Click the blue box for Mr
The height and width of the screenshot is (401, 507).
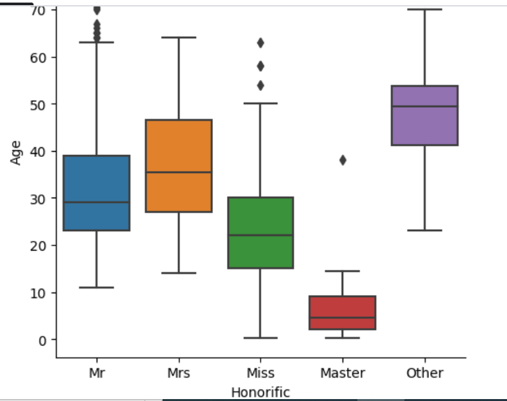(x=96, y=192)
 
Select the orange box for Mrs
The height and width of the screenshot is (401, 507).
(x=179, y=165)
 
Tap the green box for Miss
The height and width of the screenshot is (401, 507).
(x=261, y=232)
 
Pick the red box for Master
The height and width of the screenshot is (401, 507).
(x=343, y=313)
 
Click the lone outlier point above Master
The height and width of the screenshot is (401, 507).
(x=343, y=160)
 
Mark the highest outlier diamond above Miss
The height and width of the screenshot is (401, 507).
(x=261, y=43)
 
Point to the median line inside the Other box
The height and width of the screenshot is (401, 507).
(x=425, y=106)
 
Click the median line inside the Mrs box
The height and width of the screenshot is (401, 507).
(x=179, y=172)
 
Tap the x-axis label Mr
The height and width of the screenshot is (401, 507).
(x=96, y=373)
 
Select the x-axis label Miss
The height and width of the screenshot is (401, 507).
(x=261, y=373)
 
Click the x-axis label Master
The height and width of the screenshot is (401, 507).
(x=343, y=373)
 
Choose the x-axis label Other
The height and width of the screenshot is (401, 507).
(x=425, y=373)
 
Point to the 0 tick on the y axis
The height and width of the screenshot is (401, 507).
(x=43, y=340)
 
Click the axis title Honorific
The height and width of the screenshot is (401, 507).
(x=261, y=392)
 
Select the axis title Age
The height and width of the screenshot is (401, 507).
(x=17, y=152)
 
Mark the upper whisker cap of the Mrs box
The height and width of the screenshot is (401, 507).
(x=179, y=37)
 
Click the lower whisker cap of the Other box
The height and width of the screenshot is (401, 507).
(x=425, y=230)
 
